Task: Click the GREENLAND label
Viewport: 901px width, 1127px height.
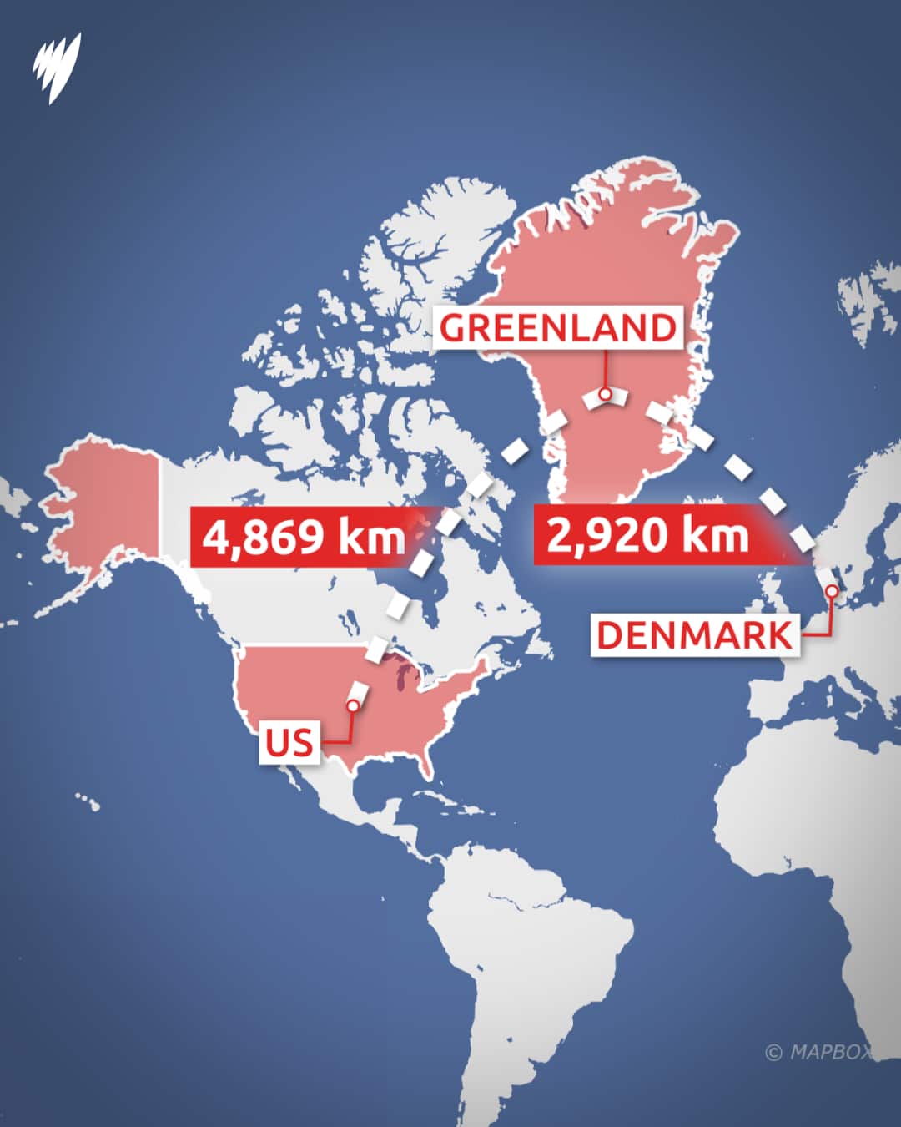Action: (557, 327)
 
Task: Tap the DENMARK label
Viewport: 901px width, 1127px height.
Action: (694, 635)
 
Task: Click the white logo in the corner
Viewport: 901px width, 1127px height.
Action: (58, 67)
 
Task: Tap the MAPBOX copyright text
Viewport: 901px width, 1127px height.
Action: (818, 1052)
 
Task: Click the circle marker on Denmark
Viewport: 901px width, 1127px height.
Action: (831, 591)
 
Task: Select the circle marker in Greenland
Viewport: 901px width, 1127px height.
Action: (605, 394)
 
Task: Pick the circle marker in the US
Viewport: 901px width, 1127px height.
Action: (353, 706)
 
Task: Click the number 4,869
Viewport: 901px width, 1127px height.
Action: (264, 536)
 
